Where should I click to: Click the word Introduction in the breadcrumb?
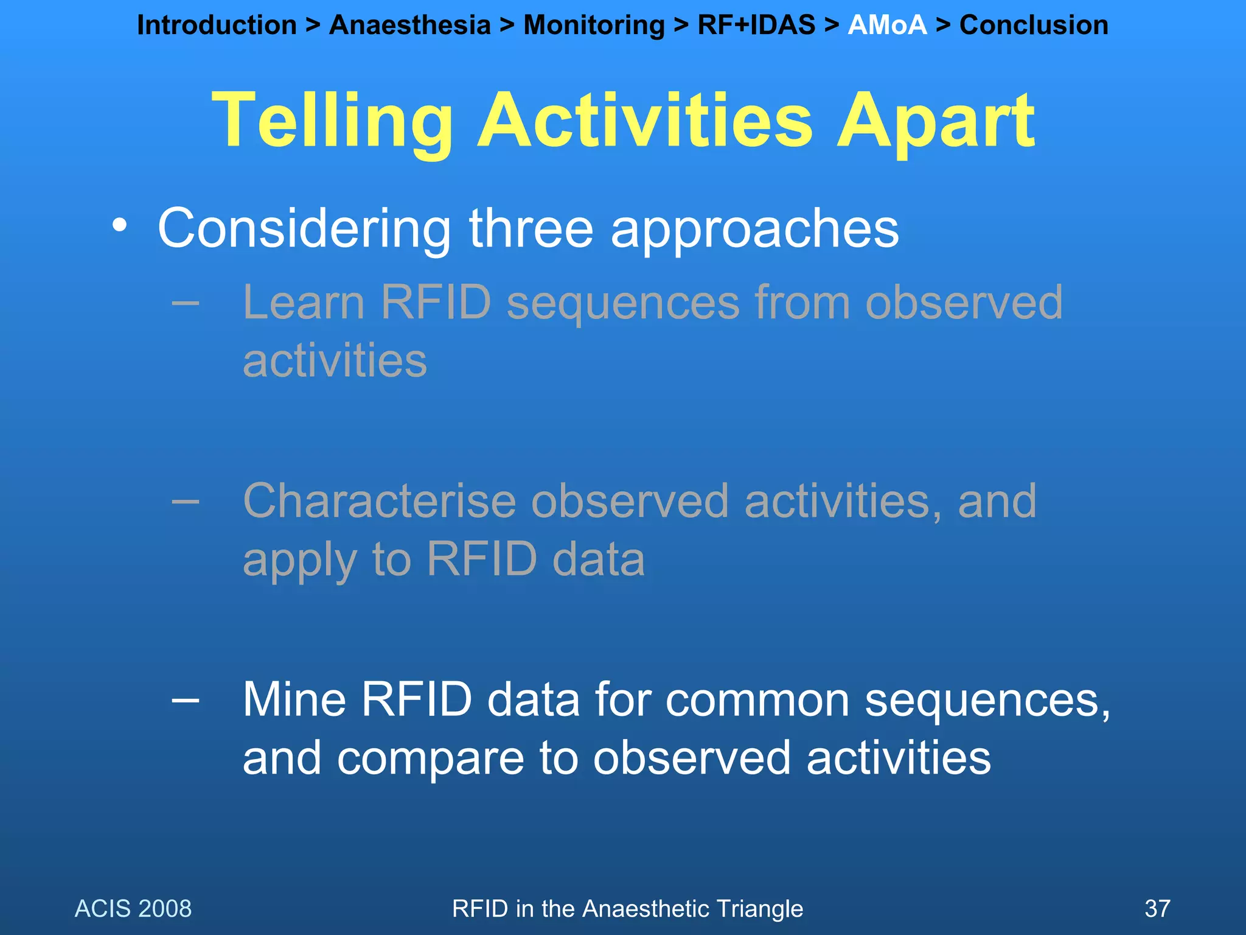pos(217,26)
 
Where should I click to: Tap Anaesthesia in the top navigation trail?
pos(409,26)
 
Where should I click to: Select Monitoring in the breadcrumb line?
pos(594,26)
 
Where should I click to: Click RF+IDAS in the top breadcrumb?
pos(756,26)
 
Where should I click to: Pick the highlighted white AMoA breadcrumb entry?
pos(887,26)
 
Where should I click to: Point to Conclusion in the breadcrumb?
pos(1033,26)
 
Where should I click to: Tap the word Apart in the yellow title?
pos(936,122)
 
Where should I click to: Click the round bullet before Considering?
pos(120,226)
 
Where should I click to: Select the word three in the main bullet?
pos(531,228)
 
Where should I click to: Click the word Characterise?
pos(379,501)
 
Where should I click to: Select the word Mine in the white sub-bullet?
pos(294,700)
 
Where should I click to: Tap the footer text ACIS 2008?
pos(133,909)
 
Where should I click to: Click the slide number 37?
pos(1157,909)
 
